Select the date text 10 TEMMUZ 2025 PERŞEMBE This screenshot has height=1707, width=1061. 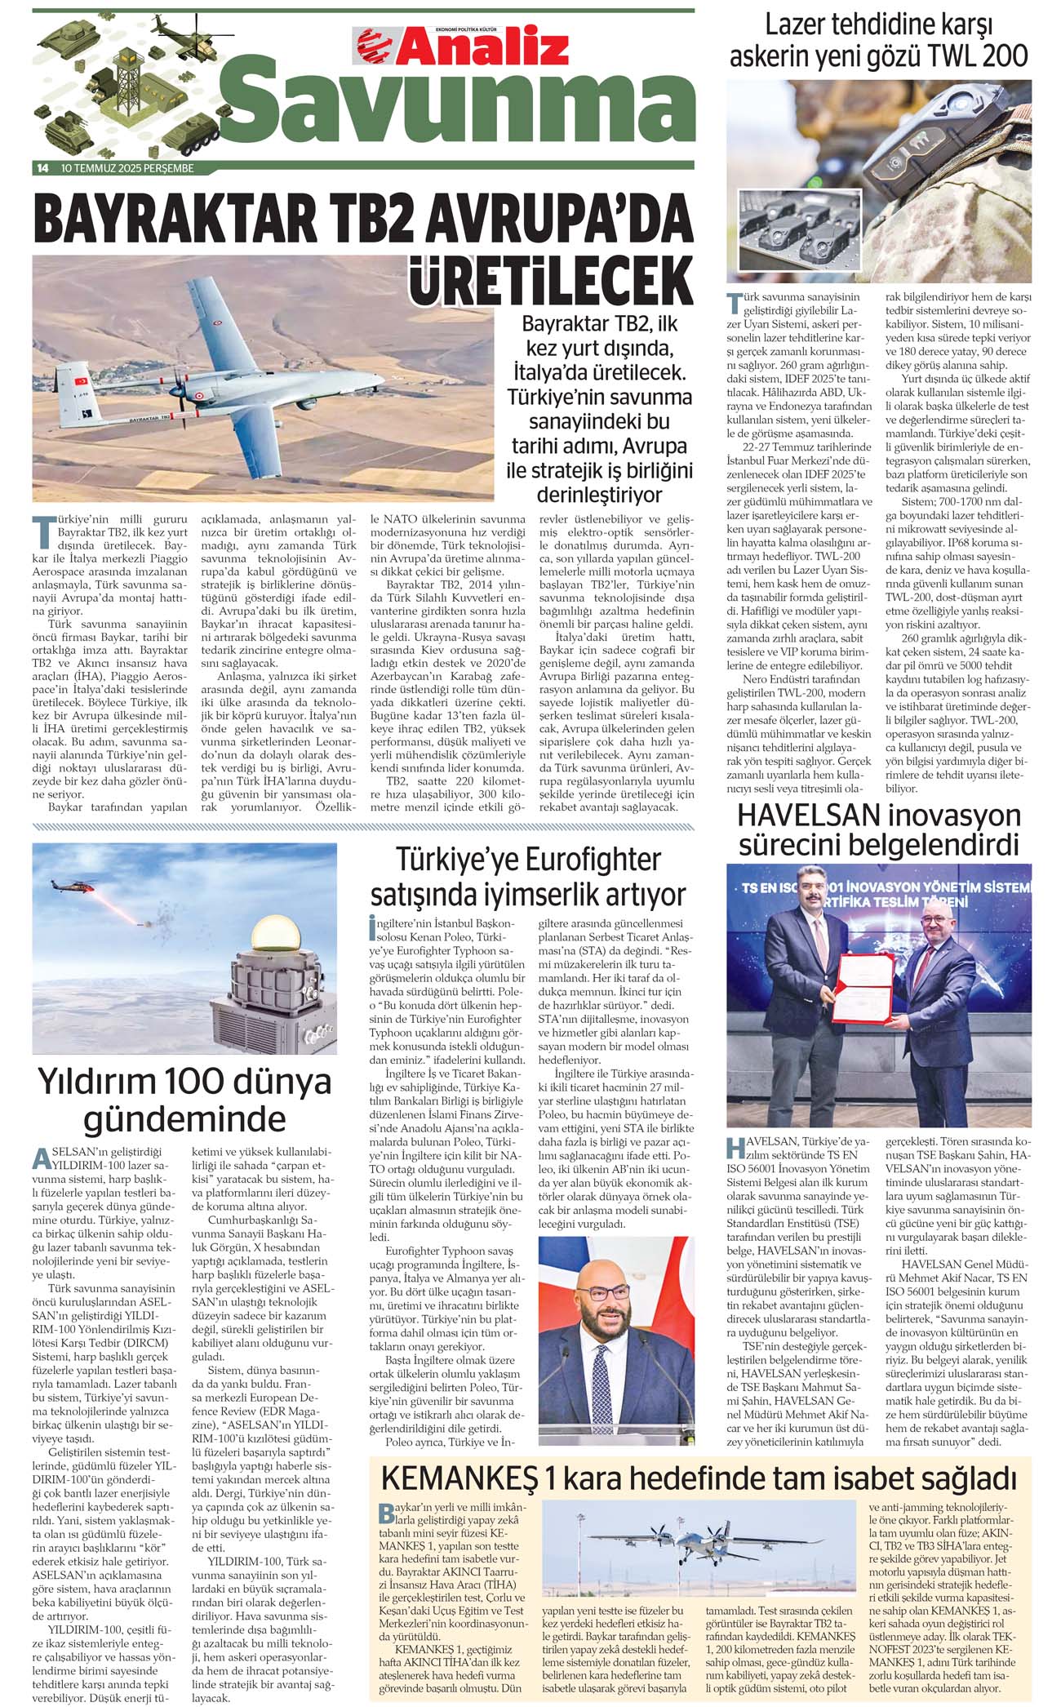[x=127, y=169]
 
